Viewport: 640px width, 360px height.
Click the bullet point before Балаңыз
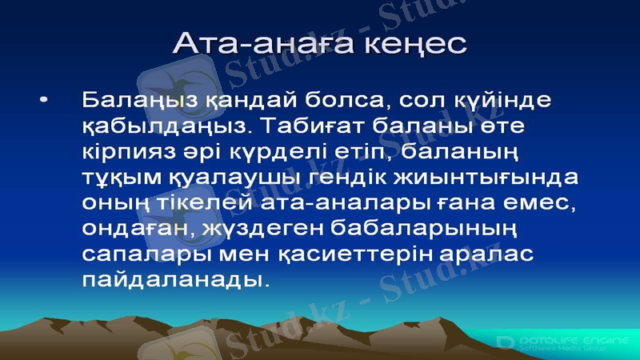click(44, 99)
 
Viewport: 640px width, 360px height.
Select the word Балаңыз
click(131, 102)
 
